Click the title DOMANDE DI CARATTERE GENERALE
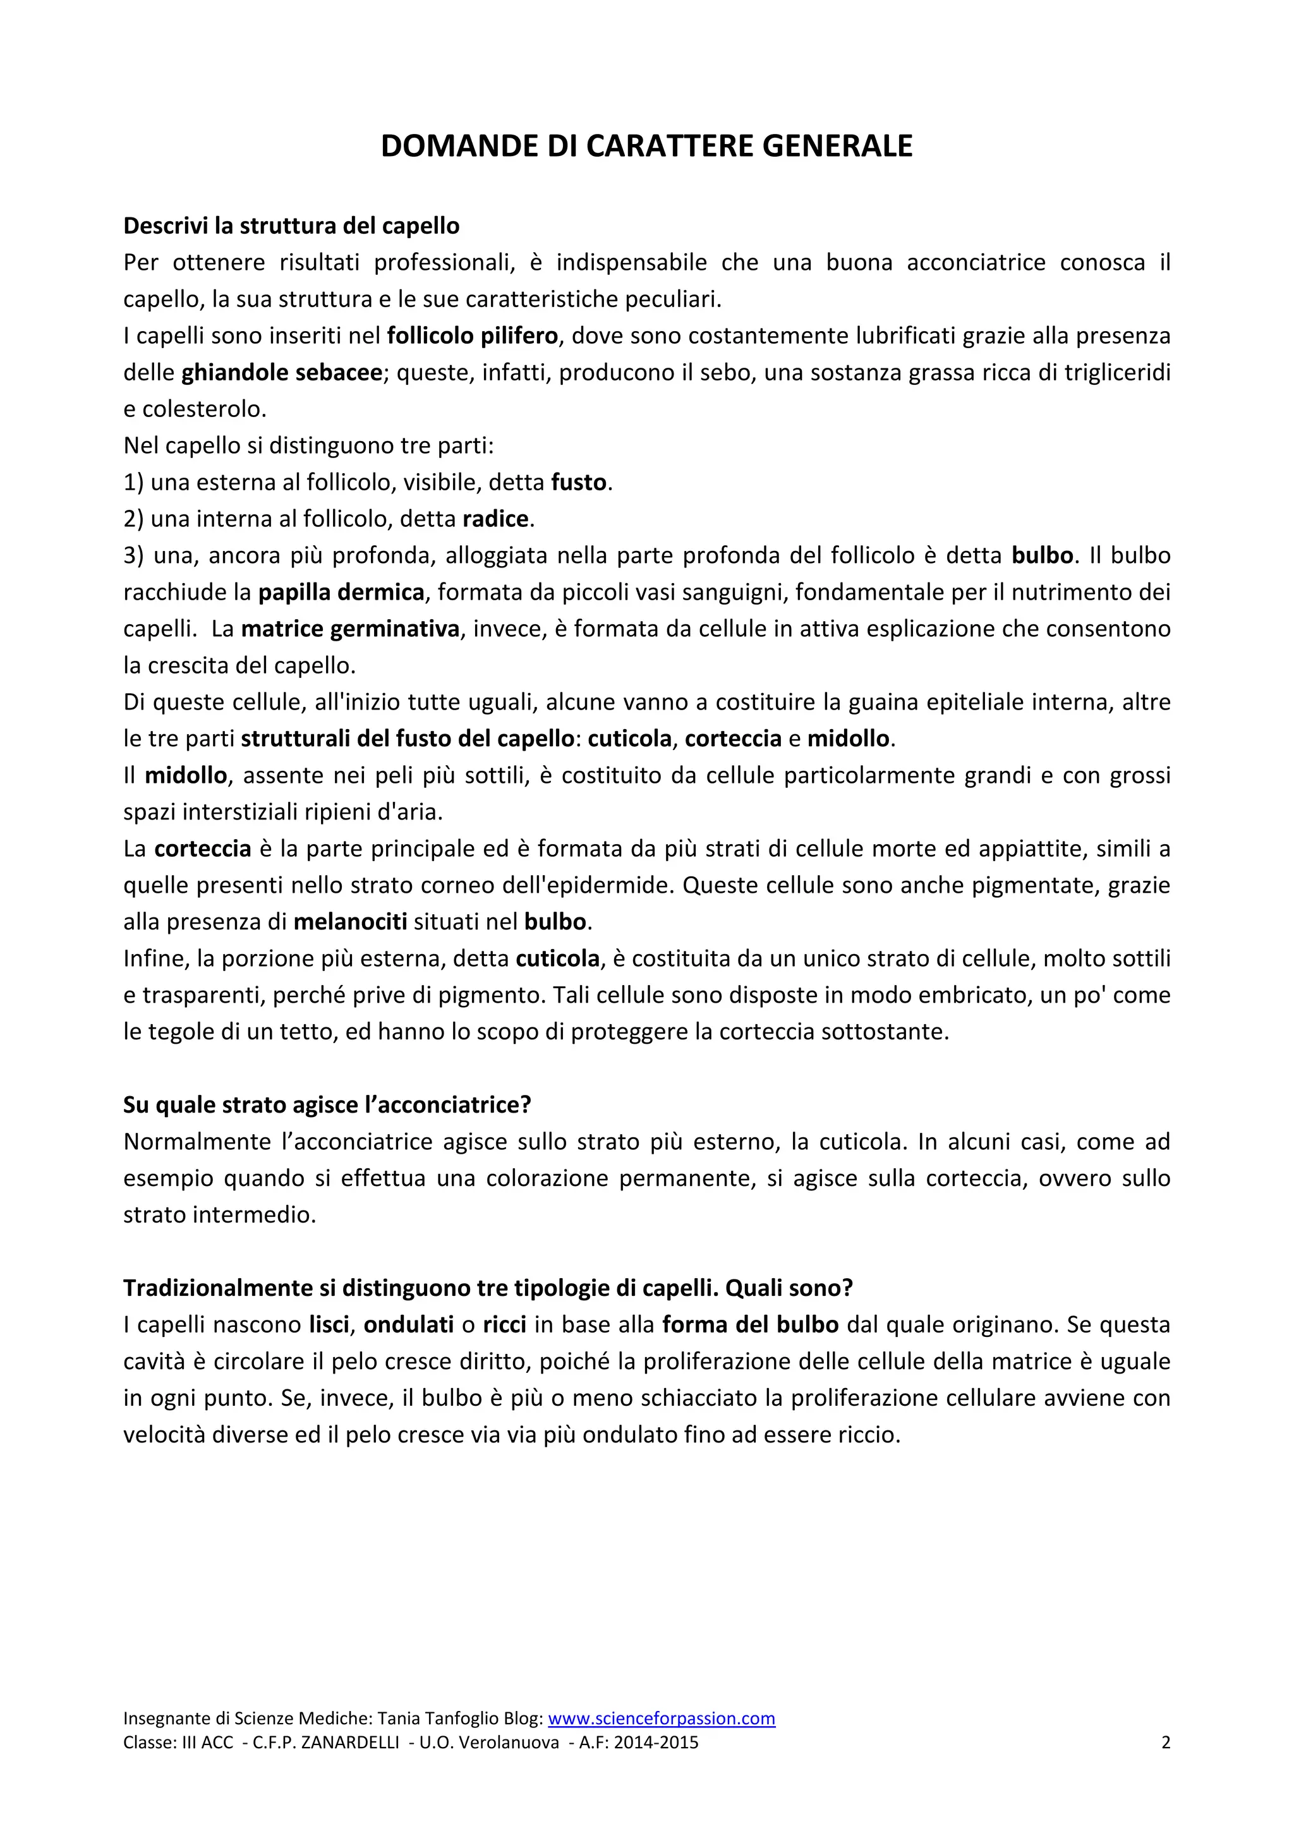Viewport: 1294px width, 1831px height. click(646, 146)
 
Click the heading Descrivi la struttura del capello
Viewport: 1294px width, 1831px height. click(291, 226)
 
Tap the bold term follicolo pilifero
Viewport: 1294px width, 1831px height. click(472, 335)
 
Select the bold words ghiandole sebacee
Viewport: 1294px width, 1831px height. click(282, 372)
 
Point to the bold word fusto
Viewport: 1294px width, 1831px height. click(579, 483)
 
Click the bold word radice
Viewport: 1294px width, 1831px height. click(495, 519)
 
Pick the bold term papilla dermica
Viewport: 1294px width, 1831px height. click(341, 593)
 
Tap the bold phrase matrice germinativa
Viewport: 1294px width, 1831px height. click(350, 629)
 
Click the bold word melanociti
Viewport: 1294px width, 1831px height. click(350, 922)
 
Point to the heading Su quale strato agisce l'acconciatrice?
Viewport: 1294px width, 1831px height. click(327, 1104)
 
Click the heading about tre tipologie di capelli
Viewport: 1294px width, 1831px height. click(488, 1288)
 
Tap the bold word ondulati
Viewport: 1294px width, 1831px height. click(408, 1325)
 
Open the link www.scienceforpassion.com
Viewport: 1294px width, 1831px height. click(661, 1719)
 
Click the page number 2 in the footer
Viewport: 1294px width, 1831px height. click(1165, 1743)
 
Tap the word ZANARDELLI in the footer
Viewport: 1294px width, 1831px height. click(350, 1743)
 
